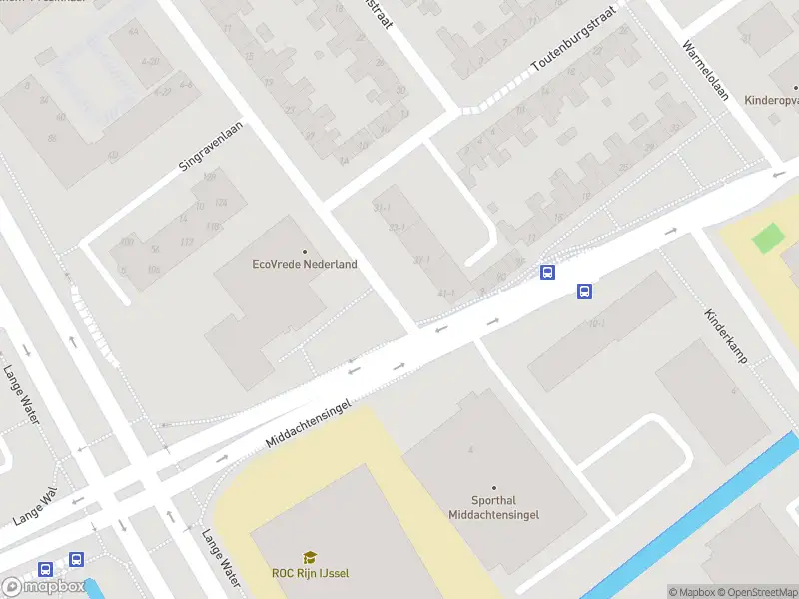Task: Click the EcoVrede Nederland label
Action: coord(304,265)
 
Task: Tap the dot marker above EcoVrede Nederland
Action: coord(305,251)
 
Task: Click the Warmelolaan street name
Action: coord(706,72)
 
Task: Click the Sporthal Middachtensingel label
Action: coord(493,507)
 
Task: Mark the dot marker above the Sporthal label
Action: coord(493,488)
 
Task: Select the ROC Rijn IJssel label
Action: coord(310,573)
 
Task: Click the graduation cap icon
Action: coord(310,558)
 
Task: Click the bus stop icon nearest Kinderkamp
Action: coord(584,292)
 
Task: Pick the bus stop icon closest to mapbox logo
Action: coord(45,569)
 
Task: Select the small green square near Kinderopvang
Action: coord(767,239)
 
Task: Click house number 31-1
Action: coord(381,208)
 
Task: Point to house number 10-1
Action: coord(597,324)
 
